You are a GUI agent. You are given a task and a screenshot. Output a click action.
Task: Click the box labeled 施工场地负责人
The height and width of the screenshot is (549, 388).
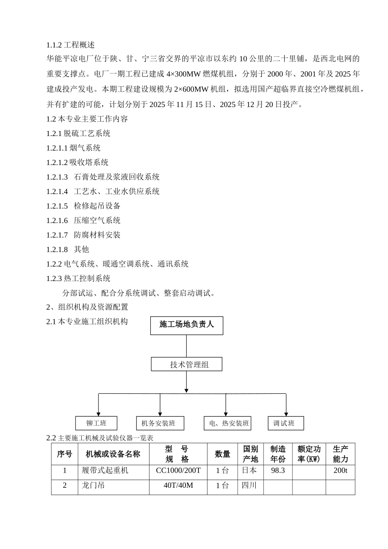coord(187,326)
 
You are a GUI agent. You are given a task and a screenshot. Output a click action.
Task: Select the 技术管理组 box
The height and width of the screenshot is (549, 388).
coord(187,364)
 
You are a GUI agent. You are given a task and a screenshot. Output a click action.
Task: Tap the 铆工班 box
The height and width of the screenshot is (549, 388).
coord(96,423)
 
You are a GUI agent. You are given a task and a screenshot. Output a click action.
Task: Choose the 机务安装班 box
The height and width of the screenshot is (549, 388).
coord(160,423)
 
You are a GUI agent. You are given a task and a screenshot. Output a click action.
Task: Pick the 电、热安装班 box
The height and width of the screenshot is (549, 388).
coord(227,423)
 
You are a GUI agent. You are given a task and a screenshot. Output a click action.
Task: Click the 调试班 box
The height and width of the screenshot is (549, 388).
coord(286,423)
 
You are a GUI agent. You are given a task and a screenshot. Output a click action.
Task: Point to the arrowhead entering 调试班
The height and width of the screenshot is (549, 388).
coord(286,414)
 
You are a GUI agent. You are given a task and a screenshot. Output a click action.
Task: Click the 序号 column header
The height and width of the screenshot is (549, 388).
coord(65,454)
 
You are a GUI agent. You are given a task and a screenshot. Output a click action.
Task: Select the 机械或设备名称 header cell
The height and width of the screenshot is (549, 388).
coord(113,454)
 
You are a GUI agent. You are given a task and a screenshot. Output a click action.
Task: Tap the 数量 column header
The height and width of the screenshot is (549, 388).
coord(223,454)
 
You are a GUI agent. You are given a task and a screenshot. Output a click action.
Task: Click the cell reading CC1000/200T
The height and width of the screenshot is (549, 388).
coord(178,471)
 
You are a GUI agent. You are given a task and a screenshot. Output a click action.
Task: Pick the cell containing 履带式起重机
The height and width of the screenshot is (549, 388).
coord(105,471)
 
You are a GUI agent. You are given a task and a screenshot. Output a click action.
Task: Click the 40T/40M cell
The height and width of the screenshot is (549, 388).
coord(178,486)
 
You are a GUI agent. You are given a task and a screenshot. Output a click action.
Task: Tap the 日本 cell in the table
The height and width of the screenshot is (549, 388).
coord(250,471)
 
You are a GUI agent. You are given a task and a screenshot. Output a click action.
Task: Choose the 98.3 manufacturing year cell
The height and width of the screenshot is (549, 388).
coord(278,471)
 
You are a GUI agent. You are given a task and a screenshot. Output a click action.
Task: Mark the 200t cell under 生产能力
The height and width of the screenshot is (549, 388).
coord(340,471)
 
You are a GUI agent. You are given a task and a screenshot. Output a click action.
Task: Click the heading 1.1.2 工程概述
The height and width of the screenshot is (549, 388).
coord(70,45)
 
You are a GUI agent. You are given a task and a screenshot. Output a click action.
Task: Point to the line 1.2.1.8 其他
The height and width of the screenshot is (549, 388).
coord(68,249)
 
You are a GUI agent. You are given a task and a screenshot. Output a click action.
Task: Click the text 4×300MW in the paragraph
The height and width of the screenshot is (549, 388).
coord(182,74)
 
